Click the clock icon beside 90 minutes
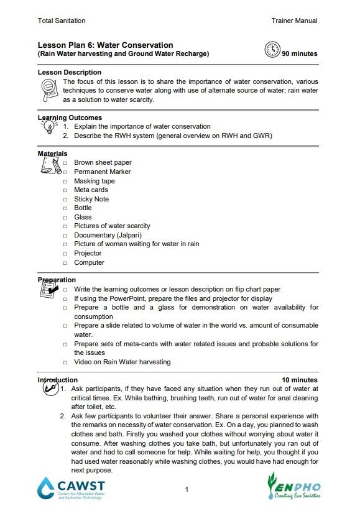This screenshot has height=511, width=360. click(272, 50)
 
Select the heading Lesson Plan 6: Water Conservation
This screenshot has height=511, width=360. click(105, 45)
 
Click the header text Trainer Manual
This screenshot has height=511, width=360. click(294, 21)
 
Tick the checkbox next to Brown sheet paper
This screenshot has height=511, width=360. click(65, 163)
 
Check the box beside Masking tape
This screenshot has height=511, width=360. click(65, 182)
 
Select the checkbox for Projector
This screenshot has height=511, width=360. click(65, 254)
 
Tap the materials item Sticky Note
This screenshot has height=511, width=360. click(91, 199)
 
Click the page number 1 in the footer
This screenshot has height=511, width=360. click(187, 490)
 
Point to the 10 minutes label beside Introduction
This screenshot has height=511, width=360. click(299, 380)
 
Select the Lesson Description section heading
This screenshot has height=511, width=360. click(69, 73)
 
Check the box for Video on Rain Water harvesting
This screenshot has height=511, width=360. click(65, 362)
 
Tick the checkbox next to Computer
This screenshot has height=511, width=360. click(65, 263)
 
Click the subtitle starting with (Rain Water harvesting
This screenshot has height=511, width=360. click(123, 53)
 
